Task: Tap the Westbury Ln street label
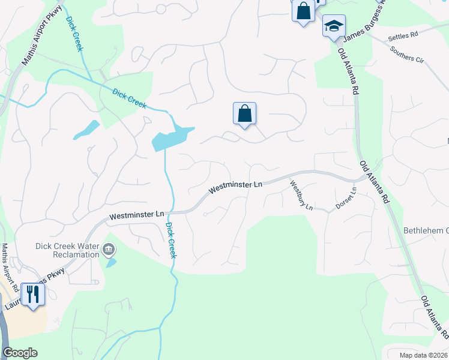click(301, 195)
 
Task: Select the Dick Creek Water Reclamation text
click(67, 250)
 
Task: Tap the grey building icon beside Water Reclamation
click(109, 249)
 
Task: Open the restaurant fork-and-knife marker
click(32, 294)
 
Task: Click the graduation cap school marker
click(334, 26)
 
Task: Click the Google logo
click(20, 353)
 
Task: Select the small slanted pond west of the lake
click(87, 130)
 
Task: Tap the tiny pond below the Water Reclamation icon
click(111, 263)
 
